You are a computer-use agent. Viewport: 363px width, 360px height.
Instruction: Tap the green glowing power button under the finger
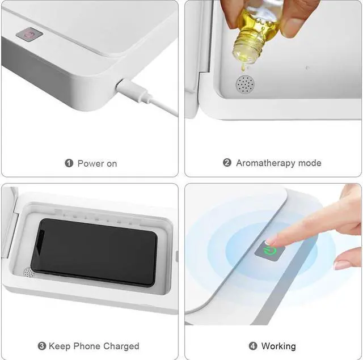tap(270, 249)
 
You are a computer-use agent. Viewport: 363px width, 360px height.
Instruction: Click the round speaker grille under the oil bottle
tap(245, 84)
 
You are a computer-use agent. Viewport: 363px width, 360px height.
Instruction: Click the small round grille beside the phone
tap(28, 273)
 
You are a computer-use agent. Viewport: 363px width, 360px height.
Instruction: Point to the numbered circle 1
tap(69, 163)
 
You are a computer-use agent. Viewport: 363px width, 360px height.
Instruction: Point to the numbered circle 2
tap(227, 163)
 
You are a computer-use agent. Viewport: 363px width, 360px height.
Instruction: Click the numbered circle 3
tap(42, 346)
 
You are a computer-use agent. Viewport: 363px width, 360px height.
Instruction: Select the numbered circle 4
tap(253, 346)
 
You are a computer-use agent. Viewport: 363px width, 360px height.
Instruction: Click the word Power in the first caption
tap(91, 163)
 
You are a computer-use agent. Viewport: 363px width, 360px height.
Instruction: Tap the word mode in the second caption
tap(310, 163)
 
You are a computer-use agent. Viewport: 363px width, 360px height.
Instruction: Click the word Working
tap(278, 346)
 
